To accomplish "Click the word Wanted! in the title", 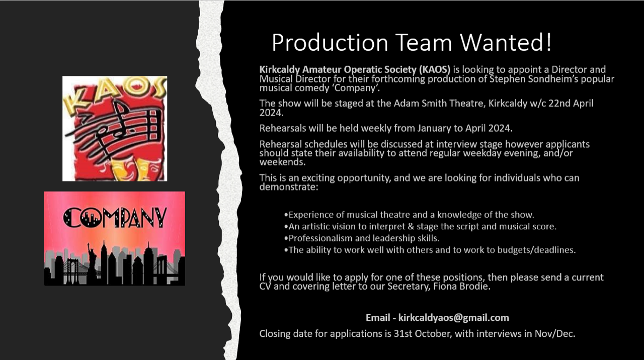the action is pos(506,43).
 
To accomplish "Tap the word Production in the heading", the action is pos(330,43).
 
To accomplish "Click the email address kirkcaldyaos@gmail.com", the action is pos(454,317).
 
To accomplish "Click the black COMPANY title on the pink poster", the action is pos(115,218).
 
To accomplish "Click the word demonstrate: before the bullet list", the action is pos(289,187).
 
